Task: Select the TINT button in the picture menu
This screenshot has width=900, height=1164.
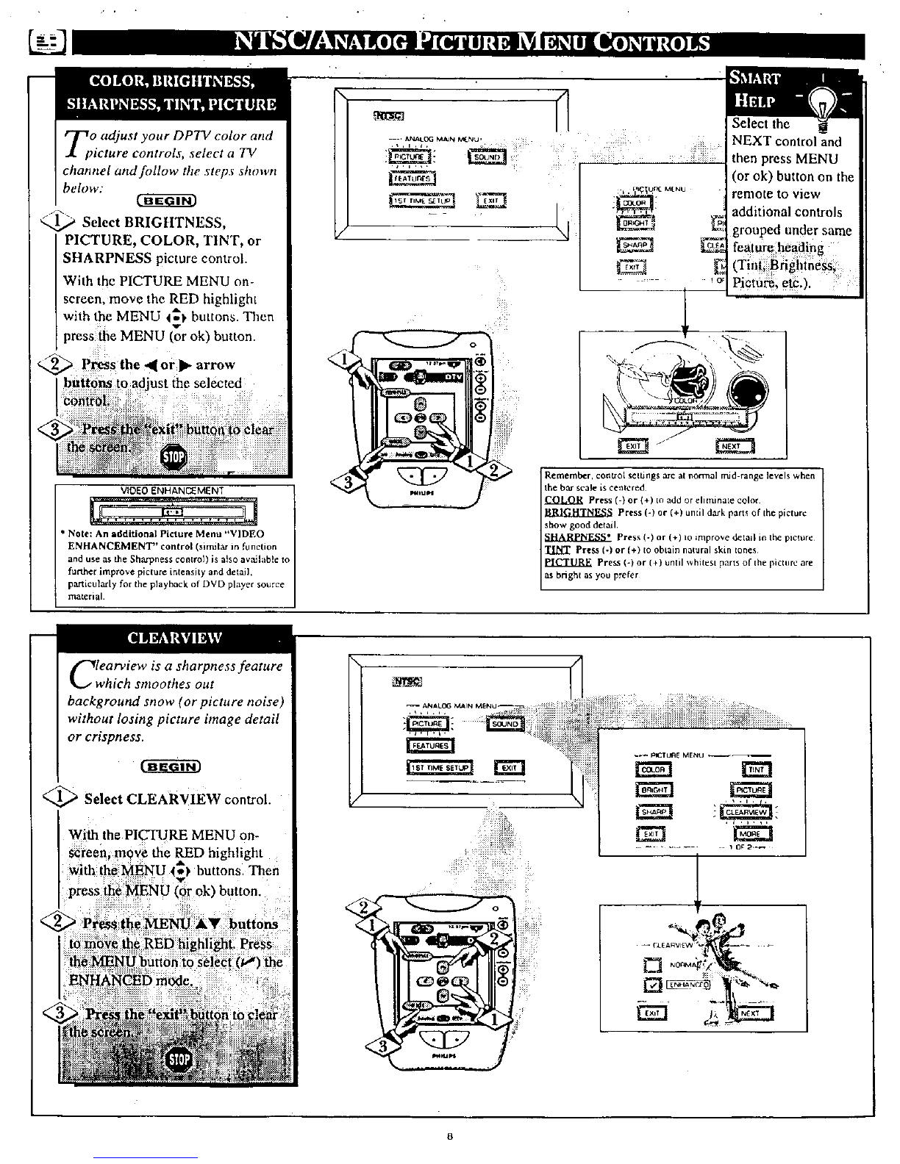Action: pos(757,769)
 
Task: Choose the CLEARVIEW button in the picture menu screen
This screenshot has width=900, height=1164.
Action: pos(747,812)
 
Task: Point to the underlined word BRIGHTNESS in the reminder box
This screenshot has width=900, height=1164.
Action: pos(578,511)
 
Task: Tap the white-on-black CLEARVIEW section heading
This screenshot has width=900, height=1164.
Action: pos(175,638)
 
